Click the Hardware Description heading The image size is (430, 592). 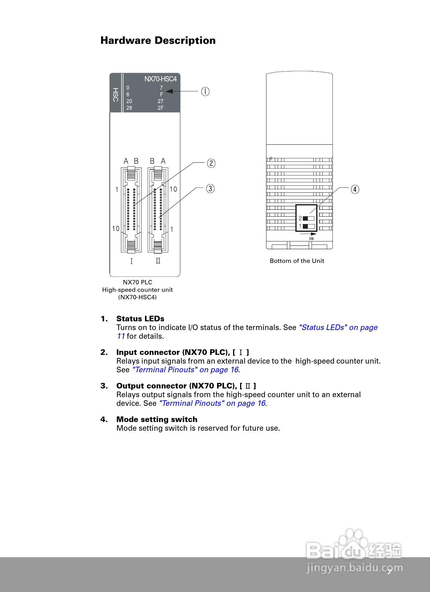[x=158, y=40]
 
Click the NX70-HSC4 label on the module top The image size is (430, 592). [x=160, y=79]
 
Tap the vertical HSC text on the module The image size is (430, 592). [x=115, y=95]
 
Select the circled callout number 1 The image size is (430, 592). [x=205, y=91]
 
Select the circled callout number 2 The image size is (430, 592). [x=211, y=163]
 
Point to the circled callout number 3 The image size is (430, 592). [x=210, y=189]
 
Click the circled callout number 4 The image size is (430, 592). [x=355, y=189]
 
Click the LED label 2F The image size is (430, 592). [x=160, y=108]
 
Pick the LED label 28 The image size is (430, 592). [x=129, y=108]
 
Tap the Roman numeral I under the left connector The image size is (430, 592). [x=132, y=261]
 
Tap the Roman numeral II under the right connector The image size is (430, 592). [x=158, y=261]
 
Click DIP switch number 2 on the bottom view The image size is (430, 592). [x=308, y=218]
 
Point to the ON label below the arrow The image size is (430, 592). [x=311, y=239]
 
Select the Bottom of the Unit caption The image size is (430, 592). [x=297, y=261]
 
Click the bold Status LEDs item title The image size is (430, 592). [x=140, y=319]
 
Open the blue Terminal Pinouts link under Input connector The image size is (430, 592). [x=186, y=370]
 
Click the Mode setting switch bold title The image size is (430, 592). [x=157, y=420]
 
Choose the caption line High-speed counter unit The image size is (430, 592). [x=137, y=290]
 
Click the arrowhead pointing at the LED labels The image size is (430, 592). [x=169, y=91]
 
